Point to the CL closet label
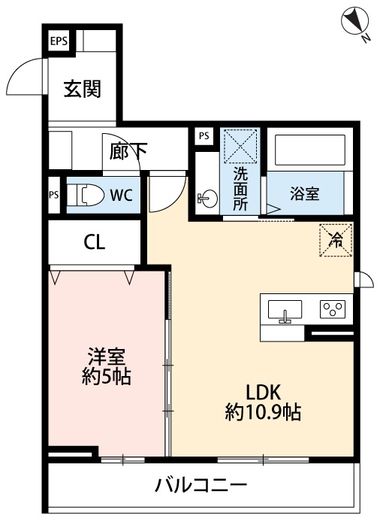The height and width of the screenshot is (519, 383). click(95, 242)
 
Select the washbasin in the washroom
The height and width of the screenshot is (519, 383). click(206, 199)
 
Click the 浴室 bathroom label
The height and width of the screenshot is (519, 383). click(305, 193)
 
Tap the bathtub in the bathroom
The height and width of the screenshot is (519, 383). click(308, 152)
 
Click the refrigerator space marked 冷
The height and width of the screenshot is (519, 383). click(336, 241)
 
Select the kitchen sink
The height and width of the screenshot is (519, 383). click(285, 310)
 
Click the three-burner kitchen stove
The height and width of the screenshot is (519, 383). click(331, 309)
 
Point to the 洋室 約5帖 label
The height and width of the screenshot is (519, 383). click(106, 366)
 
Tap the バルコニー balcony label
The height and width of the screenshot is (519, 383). click(201, 484)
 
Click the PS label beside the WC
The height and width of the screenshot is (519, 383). click(53, 195)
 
